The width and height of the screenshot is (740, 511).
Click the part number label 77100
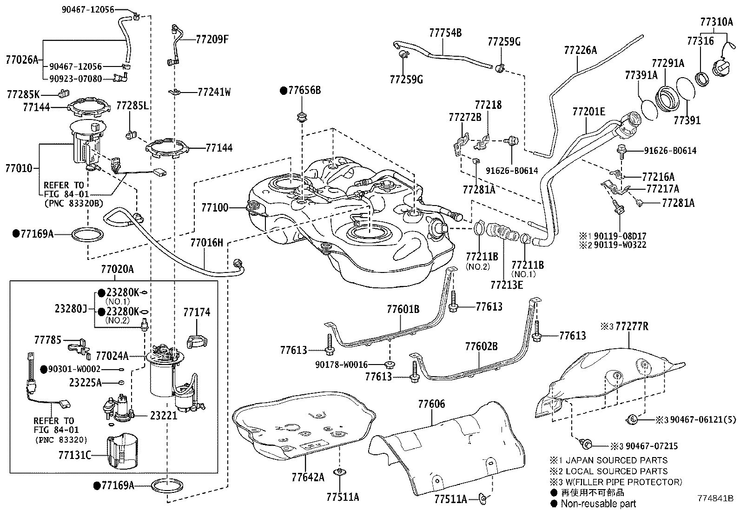click(215, 207)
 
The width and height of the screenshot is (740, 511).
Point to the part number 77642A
click(308, 477)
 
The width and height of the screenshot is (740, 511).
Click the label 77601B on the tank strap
click(403, 309)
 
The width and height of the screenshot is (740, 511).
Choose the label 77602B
click(482, 346)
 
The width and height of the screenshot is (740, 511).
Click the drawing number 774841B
click(714, 498)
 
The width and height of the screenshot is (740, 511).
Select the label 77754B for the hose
click(445, 33)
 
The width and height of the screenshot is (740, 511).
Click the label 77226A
click(580, 50)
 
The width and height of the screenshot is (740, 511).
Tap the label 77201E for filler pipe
click(588, 112)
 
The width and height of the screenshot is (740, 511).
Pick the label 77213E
click(506, 284)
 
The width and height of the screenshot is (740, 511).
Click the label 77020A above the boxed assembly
click(117, 269)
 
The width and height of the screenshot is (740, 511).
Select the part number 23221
click(164, 416)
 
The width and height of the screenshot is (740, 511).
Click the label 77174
click(196, 312)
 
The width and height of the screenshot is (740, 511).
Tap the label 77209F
click(212, 39)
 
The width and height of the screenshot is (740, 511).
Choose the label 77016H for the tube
click(206, 242)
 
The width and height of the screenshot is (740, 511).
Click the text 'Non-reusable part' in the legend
click(598, 503)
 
